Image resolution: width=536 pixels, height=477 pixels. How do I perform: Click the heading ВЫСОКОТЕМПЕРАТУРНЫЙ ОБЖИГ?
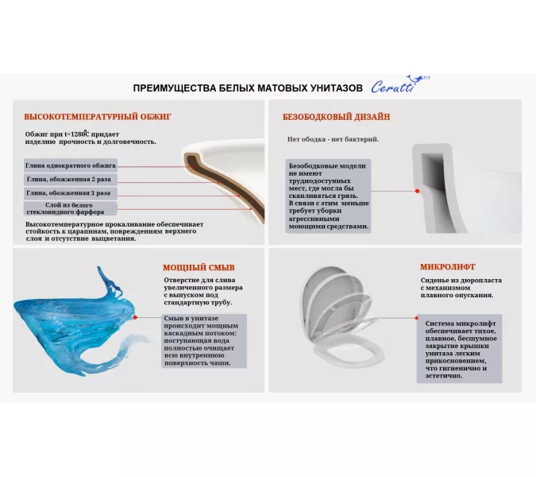click(x=98, y=116)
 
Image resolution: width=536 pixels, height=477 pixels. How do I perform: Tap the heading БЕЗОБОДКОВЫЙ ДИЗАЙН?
click(x=336, y=116)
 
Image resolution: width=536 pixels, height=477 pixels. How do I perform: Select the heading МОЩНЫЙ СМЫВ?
click(x=199, y=267)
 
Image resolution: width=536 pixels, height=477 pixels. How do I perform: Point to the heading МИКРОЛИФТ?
click(x=448, y=267)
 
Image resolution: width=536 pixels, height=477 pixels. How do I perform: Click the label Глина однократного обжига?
click(x=71, y=165)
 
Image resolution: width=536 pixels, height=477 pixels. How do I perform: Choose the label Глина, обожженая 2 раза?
click(x=71, y=179)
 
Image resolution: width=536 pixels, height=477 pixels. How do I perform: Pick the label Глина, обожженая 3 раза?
click(x=71, y=192)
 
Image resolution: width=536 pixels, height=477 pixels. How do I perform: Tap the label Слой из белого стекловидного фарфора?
click(x=71, y=208)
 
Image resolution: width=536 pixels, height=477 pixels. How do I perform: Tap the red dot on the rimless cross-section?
click(x=417, y=192)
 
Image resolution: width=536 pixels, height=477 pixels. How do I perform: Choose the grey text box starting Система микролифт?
click(x=461, y=350)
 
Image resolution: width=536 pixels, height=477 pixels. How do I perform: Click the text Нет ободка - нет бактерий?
click(x=333, y=139)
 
